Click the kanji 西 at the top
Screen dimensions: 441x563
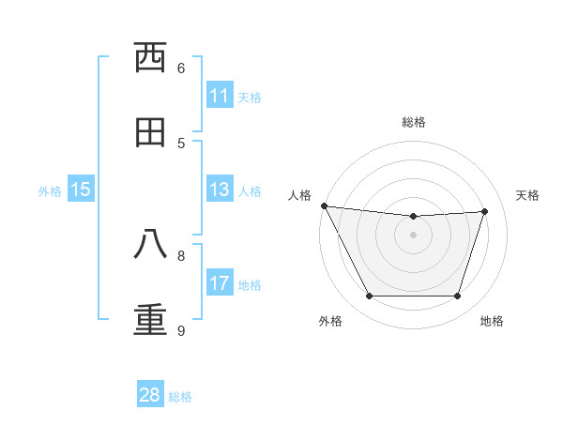150,59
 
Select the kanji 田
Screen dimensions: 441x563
150,133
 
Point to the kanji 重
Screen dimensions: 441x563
150,318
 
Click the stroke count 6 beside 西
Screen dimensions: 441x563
181,68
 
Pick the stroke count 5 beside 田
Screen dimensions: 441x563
181,143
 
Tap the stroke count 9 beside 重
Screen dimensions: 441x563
181,330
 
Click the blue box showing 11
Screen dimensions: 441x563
219,96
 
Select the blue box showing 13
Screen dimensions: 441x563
219,190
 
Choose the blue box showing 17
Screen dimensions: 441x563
219,283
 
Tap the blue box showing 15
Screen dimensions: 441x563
81,190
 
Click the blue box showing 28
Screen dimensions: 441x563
150,395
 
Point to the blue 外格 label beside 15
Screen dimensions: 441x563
50,191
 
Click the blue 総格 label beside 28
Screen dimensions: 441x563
180,397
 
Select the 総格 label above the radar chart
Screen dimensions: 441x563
414,122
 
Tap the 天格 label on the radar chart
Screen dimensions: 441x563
528,195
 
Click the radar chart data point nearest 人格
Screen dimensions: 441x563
325,205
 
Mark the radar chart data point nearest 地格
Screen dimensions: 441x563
458,297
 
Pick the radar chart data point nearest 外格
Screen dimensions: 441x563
369,297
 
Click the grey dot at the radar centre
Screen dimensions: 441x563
414,235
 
